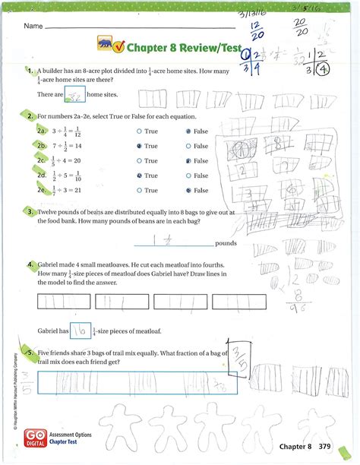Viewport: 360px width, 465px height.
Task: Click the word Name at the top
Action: click(x=32, y=26)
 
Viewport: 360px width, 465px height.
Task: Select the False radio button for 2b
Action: click(x=189, y=145)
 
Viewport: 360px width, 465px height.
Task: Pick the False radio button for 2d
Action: click(x=189, y=176)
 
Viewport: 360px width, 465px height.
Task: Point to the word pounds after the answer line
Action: click(x=227, y=244)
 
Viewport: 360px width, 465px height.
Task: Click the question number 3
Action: click(x=30, y=212)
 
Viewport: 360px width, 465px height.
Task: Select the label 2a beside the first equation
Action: click(x=42, y=131)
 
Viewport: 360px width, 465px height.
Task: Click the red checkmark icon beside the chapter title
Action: click(x=119, y=49)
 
